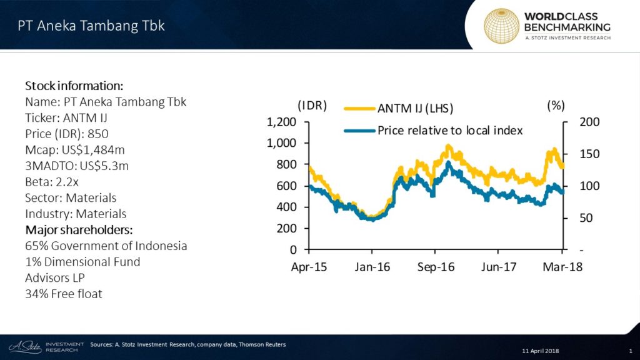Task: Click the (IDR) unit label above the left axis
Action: (x=312, y=106)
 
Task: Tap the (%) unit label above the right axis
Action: (x=556, y=106)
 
